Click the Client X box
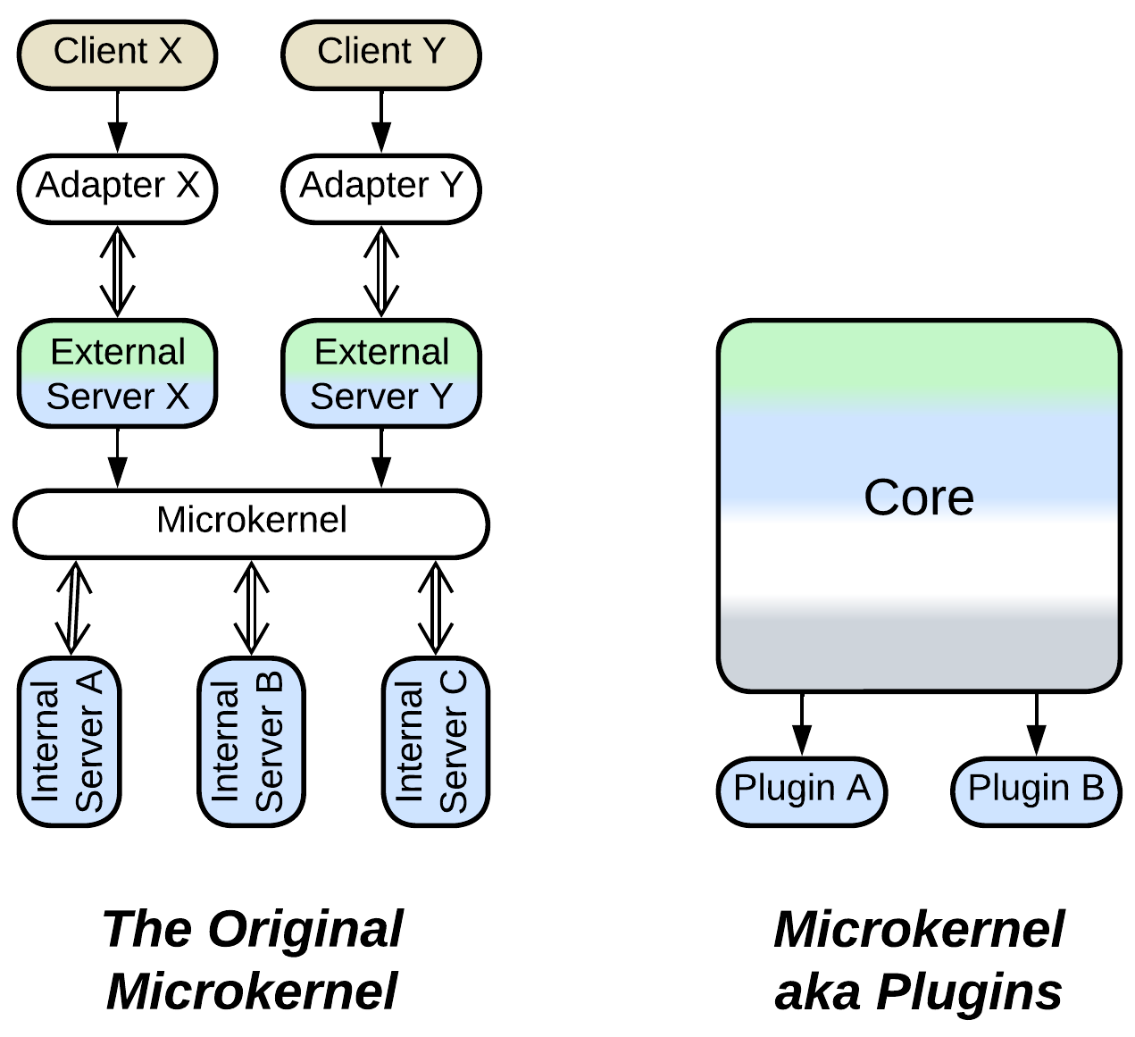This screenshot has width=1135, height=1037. point(117,54)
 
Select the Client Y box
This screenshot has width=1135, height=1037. point(381,54)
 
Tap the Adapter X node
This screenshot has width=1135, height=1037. point(117,188)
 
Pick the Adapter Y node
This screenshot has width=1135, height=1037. point(381,188)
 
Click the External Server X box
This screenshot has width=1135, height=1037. point(117,373)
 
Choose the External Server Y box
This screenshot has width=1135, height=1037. point(381,373)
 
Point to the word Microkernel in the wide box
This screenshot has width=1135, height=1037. point(251,520)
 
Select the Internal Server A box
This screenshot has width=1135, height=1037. point(69,741)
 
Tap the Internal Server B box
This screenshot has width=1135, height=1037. point(251,741)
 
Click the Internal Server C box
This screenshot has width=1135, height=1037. point(435,741)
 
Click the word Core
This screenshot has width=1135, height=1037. point(918,498)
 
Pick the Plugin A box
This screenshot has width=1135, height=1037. point(801,790)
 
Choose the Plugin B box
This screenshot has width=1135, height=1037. point(1036,790)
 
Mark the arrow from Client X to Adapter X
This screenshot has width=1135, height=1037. point(117,121)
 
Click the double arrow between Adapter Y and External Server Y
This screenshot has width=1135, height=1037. point(381,272)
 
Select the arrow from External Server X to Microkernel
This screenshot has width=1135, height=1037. point(117,457)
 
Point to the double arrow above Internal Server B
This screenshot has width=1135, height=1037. point(251,607)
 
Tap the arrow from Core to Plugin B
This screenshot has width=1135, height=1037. point(1036,723)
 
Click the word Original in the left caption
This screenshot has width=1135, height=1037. point(305,929)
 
